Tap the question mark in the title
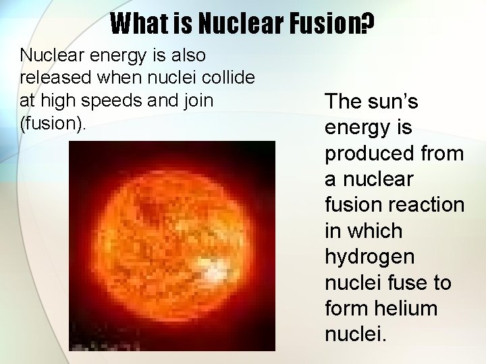[367, 24]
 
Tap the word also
[185, 55]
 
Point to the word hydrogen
[369, 257]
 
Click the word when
[120, 78]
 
